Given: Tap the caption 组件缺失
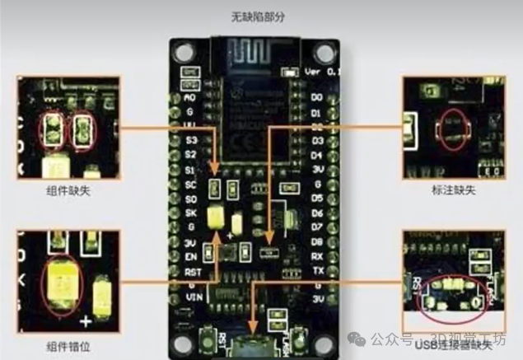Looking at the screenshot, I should pyautogui.click(x=69, y=189).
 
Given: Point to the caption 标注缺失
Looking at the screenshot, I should pyautogui.click(x=454, y=189).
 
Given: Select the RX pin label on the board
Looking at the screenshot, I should pyautogui.click(x=318, y=255).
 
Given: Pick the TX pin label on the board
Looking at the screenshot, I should pyautogui.click(x=318, y=270).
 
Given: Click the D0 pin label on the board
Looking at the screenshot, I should pyautogui.click(x=318, y=97).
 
